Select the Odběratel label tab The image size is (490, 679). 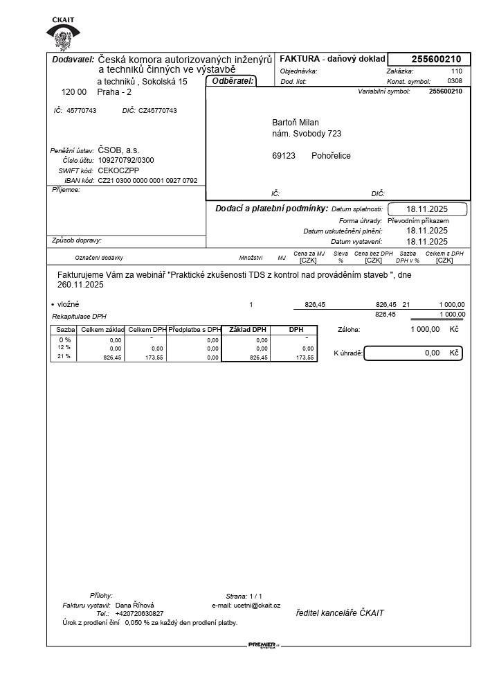pyautogui.click(x=231, y=82)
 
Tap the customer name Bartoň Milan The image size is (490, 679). pyautogui.click(x=296, y=123)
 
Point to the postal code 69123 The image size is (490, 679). pyautogui.click(x=284, y=156)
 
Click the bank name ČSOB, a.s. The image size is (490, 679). pyautogui.click(x=118, y=150)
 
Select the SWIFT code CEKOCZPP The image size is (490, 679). pyautogui.click(x=118, y=170)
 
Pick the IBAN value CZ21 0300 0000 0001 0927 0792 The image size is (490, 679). pyautogui.click(x=147, y=180)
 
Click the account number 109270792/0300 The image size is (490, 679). pyautogui.click(x=126, y=160)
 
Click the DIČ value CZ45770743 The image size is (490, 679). pyautogui.click(x=158, y=111)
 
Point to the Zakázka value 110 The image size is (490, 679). pyautogui.click(x=456, y=71)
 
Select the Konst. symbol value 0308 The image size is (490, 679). pyautogui.click(x=455, y=81)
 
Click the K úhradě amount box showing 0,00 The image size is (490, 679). pyautogui.click(x=412, y=353)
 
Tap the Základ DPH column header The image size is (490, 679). pyautogui.click(x=247, y=330)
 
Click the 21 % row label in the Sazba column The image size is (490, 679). pyautogui.click(x=64, y=357)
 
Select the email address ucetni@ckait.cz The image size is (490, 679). pyautogui.click(x=257, y=605)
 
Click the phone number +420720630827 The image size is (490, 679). pyautogui.click(x=139, y=614)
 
